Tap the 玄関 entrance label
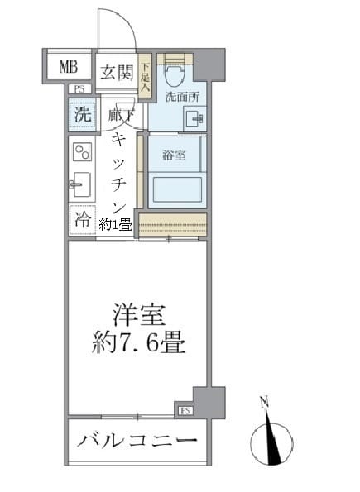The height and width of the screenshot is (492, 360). [x=117, y=72]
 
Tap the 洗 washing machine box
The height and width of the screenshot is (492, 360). [x=81, y=115]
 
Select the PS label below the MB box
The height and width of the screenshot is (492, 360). [x=79, y=89]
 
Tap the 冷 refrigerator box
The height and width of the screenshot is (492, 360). [x=82, y=219]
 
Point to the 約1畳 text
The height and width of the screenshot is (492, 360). [x=116, y=224]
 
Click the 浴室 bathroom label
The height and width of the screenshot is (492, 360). [x=173, y=155]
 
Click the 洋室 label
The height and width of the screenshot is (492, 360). [x=140, y=315]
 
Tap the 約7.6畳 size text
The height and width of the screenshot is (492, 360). [x=138, y=343]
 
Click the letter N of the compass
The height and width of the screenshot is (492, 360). [x=264, y=404]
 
